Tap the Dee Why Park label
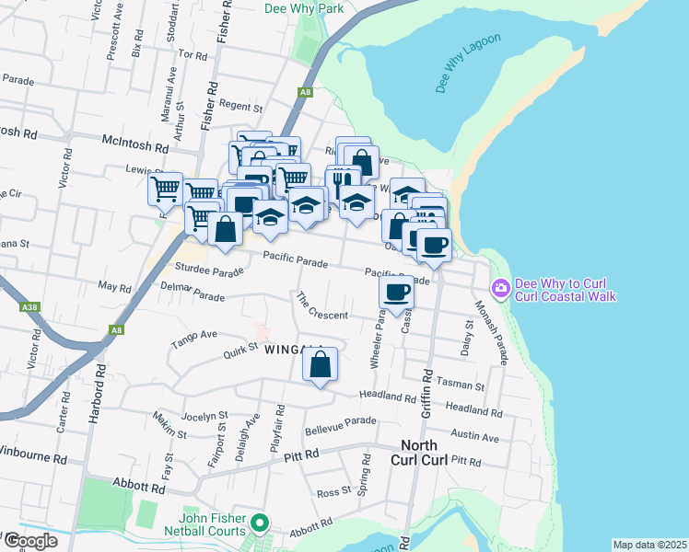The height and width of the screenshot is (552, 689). (x=303, y=8)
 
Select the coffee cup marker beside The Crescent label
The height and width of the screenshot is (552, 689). (x=396, y=293)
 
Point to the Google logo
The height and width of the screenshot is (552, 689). (x=30, y=541)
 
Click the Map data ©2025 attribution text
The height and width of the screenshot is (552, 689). (x=648, y=545)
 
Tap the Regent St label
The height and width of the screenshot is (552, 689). (x=241, y=107)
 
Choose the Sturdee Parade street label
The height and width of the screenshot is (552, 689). (x=209, y=270)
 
